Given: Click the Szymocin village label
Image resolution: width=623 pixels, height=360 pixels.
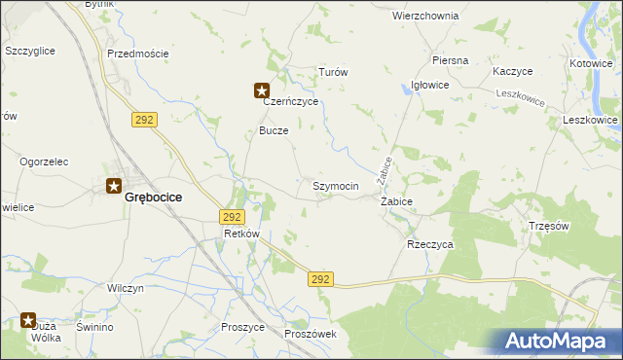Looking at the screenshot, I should tap(336, 186).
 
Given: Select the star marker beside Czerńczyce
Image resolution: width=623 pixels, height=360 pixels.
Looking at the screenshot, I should tap(262, 91).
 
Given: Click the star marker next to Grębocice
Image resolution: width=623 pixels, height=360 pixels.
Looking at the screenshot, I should tap(114, 188).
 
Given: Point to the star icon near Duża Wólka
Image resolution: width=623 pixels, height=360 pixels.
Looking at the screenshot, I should tap(28, 320).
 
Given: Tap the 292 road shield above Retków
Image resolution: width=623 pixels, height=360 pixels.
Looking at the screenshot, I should tap(232, 217).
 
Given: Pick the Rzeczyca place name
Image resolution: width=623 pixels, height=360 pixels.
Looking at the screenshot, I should tap(430, 245).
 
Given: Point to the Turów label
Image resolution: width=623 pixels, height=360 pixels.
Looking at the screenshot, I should tap(334, 73).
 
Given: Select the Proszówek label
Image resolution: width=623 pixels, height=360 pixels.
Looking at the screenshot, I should tap(311, 334).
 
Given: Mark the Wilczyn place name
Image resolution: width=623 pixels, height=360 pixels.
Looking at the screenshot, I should tap(126, 289).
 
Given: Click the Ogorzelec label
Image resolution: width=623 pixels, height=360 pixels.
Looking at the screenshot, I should tap(43, 162).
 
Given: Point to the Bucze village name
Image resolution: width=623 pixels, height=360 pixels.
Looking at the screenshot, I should tap(274, 130).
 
